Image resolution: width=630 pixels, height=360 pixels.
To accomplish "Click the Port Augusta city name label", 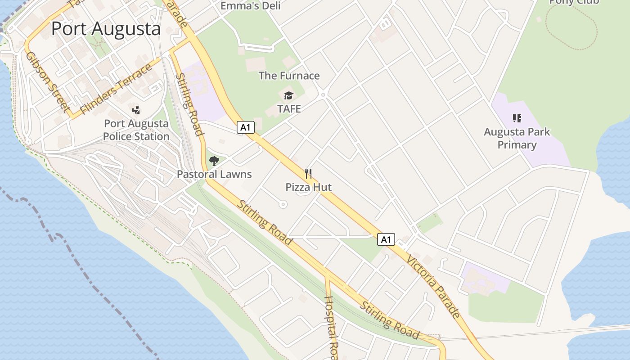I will (x=106, y=28).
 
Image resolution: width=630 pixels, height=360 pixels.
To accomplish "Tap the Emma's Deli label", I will (x=251, y=5).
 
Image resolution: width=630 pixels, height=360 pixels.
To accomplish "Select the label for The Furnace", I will (x=289, y=76).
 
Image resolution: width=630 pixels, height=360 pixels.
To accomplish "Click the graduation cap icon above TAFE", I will (x=288, y=95).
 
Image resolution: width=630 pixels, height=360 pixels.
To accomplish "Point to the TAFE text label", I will (x=289, y=109).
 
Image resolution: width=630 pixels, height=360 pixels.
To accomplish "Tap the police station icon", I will (x=136, y=110).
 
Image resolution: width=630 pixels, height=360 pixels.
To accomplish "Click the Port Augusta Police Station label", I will (x=136, y=130).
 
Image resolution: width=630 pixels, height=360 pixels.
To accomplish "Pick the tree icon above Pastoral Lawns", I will (x=214, y=161).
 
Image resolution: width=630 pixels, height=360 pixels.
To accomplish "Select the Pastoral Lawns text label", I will (x=214, y=174).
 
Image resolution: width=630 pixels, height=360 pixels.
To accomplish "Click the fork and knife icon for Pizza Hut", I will (x=308, y=173).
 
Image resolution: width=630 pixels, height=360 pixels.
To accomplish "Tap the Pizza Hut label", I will (x=309, y=187).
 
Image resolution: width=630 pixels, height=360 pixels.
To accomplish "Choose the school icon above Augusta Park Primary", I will (x=517, y=118).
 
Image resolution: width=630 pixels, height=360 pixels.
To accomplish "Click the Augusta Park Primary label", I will (x=517, y=138).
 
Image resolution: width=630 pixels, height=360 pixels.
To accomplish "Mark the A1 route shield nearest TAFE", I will (x=246, y=127).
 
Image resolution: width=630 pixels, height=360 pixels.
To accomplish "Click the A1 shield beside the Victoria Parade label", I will (x=386, y=239).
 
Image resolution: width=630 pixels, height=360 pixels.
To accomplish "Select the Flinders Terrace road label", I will (x=116, y=90).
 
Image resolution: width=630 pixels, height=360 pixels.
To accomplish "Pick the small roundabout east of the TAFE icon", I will (x=323, y=94).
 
